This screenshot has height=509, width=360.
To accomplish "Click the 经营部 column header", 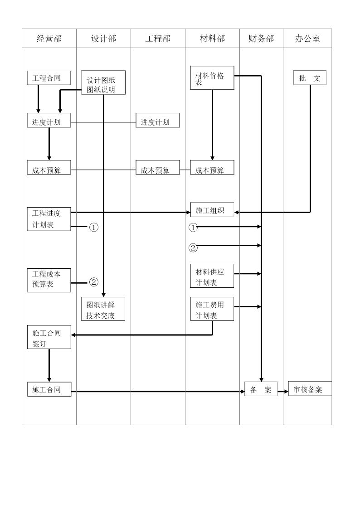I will pos(49,39).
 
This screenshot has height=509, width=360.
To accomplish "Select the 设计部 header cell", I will pos(103,39).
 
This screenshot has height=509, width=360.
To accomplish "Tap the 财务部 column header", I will pos(261,39).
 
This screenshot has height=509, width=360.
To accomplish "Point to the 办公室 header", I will pos(307,39).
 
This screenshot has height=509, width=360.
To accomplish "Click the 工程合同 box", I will pos(49,78).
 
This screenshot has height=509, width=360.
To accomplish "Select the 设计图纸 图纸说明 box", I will pos(103,83).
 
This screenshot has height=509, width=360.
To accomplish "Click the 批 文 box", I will pos(310,78).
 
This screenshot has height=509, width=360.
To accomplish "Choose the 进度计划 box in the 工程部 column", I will pos(158,121).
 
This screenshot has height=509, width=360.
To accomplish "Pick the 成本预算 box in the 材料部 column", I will pos(212,168).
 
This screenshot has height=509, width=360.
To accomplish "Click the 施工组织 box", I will pos(212,210).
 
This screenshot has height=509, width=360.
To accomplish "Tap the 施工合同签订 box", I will pos(49,338).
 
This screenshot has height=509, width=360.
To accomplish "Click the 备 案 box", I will pos(261,389).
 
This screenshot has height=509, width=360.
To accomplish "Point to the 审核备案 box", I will pos(310,389).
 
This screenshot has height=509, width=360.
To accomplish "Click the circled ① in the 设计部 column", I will pos(93,228).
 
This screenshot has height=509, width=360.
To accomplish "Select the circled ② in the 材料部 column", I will pos(193,247).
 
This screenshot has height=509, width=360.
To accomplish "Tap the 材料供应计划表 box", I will pos(212,276).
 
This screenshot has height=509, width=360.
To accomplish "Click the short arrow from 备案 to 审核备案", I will pos(283,391).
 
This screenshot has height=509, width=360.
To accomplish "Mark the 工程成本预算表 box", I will pos(49,280).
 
